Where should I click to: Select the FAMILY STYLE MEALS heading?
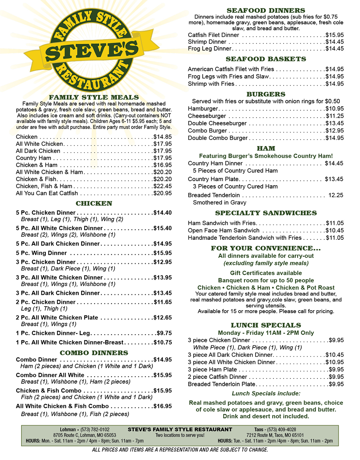[94, 97]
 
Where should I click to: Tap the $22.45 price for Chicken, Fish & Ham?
[162, 186]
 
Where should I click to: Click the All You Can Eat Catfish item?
[47, 193]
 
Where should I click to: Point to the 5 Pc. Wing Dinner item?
[41, 253]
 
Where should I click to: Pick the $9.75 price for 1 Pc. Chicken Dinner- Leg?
[164, 333]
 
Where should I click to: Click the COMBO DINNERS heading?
[94, 353]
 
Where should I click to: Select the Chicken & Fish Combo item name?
[49, 391]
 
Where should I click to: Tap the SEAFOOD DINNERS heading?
[266, 11]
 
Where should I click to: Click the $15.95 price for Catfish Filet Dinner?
[335, 35]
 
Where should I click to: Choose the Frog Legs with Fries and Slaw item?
[228, 76]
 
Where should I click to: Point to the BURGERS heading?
[266, 94]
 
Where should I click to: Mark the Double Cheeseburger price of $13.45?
[335, 123]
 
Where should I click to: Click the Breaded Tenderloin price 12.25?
[336, 195]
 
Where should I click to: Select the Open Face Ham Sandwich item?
[224, 231]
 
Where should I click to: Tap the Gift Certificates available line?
[266, 273]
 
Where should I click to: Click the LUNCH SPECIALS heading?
[266, 325]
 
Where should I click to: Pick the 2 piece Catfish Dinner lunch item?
[217, 377]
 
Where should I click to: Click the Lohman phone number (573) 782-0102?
[95, 430]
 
